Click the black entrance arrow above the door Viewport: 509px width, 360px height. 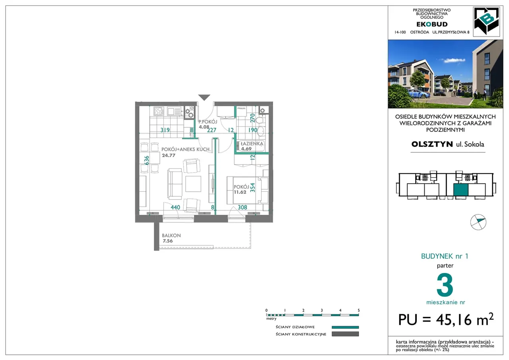pyautogui.click(x=204, y=97)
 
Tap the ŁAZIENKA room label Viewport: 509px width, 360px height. pyautogui.click(x=252, y=144)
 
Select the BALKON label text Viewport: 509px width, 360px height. pyautogui.click(x=171, y=235)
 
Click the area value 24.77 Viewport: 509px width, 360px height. pyautogui.click(x=169, y=156)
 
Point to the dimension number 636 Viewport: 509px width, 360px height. pyautogui.click(x=147, y=160)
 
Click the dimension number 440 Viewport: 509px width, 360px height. pyautogui.click(x=175, y=207)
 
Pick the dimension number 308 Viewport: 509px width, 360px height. pyautogui.click(x=243, y=207)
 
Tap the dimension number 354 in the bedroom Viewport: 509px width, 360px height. pyautogui.click(x=253, y=187)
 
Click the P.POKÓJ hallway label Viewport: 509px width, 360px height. pyautogui.click(x=208, y=122)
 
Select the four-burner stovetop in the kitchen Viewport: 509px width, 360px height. pyautogui.click(x=158, y=111)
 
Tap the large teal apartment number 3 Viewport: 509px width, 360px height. pyautogui.click(x=445, y=285)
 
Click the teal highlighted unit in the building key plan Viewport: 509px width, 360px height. pyautogui.click(x=461, y=190)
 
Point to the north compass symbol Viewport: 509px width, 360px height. pyautogui.click(x=478, y=222)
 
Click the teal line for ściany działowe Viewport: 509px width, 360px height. pyautogui.click(x=345, y=327)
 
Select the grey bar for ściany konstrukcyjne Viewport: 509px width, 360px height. pyautogui.click(x=345, y=334)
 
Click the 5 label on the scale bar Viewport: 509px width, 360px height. pyautogui.click(x=359, y=310)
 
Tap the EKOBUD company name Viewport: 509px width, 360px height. pyautogui.click(x=432, y=24)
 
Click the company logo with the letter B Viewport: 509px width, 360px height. pyautogui.click(x=486, y=21)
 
